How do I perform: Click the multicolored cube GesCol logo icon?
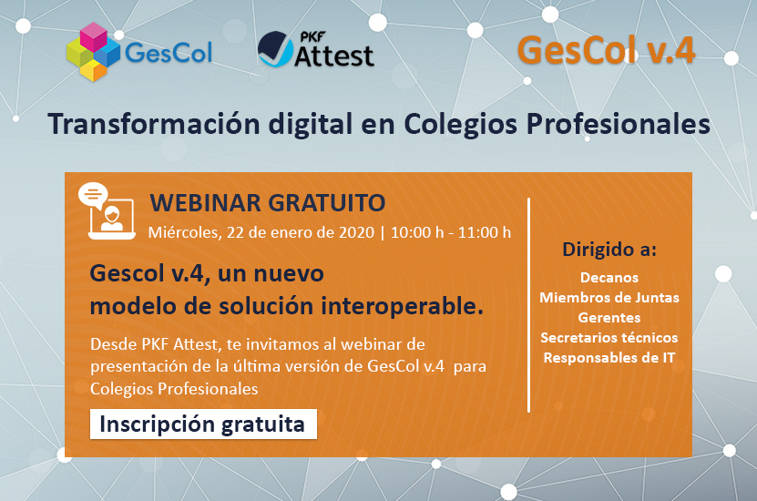click(x=93, y=52)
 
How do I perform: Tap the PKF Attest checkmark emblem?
click(x=275, y=49)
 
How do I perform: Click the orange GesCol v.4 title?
click(x=606, y=50)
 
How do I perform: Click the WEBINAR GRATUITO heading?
click(x=268, y=203)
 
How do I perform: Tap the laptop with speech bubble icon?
click(x=107, y=211)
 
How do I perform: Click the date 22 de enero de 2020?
click(x=301, y=232)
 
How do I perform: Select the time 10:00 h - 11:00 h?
click(x=450, y=232)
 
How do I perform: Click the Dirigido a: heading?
click(x=609, y=250)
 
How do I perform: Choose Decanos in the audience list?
click(x=609, y=278)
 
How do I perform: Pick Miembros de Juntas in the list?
click(x=609, y=297)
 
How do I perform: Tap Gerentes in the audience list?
click(x=609, y=318)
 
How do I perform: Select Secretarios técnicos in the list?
click(x=609, y=337)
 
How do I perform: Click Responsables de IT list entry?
click(x=609, y=358)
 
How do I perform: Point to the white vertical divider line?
click(x=529, y=305)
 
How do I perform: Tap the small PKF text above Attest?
click(x=312, y=37)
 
